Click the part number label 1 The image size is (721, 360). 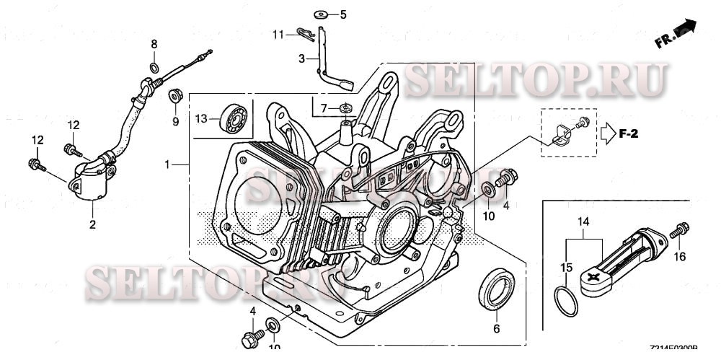tap(167, 164)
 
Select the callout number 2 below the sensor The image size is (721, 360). tap(92, 225)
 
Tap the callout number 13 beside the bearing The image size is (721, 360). tap(201, 118)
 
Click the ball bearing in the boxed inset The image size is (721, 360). tap(234, 118)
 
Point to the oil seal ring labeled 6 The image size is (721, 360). tap(496, 290)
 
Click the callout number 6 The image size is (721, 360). tap(496, 328)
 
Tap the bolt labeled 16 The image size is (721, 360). tap(678, 232)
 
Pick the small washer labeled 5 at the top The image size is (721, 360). tap(320, 14)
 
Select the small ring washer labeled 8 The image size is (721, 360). tap(154, 67)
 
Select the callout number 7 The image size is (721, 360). tap(324, 108)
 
